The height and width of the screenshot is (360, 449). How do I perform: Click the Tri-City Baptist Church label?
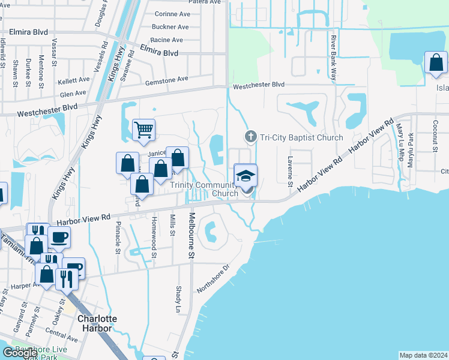click(x=301, y=137)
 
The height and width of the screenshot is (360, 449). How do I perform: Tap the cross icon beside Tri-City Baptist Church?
click(x=250, y=137)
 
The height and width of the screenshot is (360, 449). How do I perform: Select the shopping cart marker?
click(x=144, y=129)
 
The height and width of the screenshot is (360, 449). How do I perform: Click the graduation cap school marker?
click(x=245, y=175)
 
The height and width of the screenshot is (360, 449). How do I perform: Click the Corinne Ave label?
click(x=172, y=14)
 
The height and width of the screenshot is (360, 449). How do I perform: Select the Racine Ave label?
click(x=167, y=40)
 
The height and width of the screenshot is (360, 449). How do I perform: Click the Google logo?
click(x=20, y=352)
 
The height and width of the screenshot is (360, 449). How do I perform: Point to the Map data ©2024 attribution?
click(x=423, y=355)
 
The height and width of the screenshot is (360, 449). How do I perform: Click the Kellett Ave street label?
click(x=73, y=80)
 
